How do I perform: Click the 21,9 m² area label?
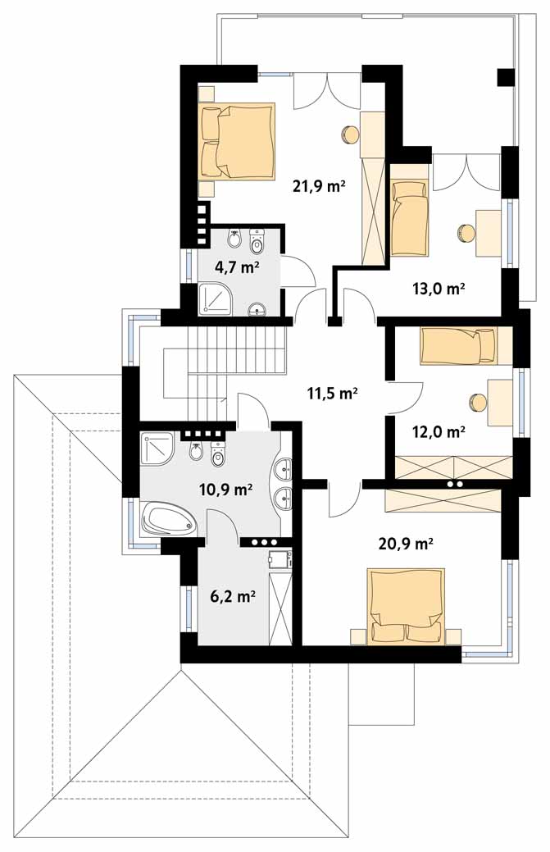click(319, 187)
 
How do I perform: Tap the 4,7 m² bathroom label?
click(236, 268)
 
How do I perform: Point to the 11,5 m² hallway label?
click(332, 393)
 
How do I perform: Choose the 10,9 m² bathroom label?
click(226, 490)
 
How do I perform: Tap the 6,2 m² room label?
click(233, 597)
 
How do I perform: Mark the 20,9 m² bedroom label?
click(405, 543)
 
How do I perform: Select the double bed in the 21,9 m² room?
click(236, 141)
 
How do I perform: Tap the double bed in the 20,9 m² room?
click(406, 606)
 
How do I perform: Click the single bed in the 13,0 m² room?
click(409, 217)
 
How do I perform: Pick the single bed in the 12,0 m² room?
click(458, 345)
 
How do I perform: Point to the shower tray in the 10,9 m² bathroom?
click(158, 449)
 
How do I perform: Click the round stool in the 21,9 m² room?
click(349, 134)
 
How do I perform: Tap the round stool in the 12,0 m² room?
click(478, 402)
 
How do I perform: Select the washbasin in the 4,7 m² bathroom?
click(257, 309)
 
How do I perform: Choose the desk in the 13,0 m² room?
click(489, 234)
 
